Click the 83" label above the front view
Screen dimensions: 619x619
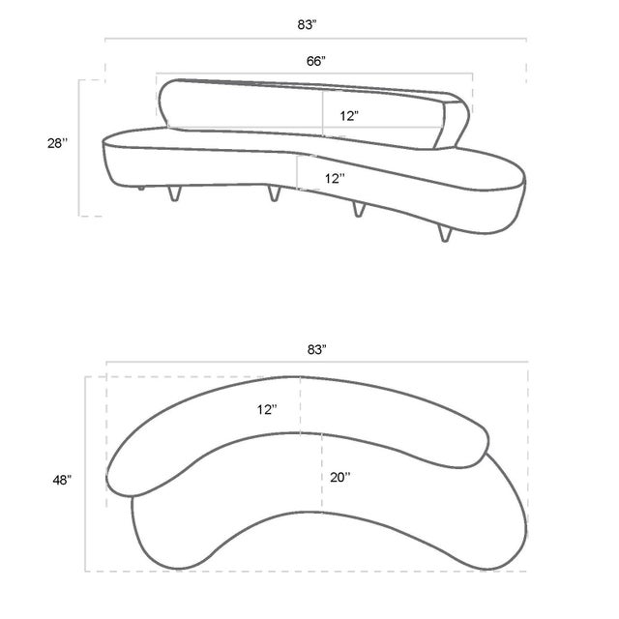315,25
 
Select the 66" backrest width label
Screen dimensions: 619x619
315,61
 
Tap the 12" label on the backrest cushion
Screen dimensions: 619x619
349,115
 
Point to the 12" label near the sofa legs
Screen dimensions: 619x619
335,178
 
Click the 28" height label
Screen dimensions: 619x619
58,143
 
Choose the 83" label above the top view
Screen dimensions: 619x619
316,349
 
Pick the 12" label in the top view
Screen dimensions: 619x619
268,409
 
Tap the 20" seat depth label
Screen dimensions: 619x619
340,476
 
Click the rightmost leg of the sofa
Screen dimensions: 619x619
446,233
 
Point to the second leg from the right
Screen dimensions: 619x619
358,209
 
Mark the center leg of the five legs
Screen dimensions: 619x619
273,195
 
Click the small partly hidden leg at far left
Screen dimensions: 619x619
143,188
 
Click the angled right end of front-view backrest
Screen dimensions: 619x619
456,121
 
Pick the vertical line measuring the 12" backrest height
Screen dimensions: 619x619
322,109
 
